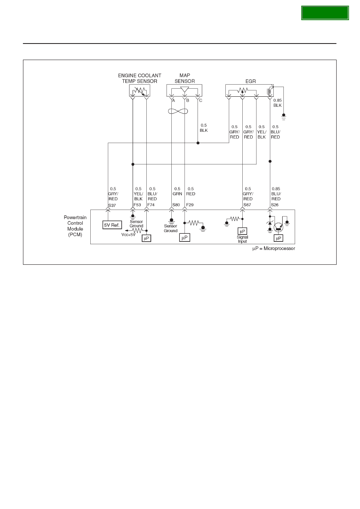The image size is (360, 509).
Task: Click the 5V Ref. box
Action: coord(112,225)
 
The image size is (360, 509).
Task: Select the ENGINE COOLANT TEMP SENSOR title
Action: coord(139,78)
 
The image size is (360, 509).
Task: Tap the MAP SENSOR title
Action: coord(185,78)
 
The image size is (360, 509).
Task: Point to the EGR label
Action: coord(250,81)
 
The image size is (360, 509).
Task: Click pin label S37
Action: coord(112,206)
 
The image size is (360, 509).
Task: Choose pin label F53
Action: coord(137,205)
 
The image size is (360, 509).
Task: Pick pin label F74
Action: coord(151,205)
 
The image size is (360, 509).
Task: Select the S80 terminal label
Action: coord(176,205)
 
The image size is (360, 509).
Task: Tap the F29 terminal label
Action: coord(190,205)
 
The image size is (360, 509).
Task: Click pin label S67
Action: coord(247,205)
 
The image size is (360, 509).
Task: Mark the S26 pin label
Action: coord(275,205)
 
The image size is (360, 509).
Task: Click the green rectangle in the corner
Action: coord(325,13)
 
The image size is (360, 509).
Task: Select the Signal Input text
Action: coord(242,239)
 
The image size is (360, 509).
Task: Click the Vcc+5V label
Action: coord(129,235)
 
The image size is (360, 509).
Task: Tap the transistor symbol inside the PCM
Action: coord(279,227)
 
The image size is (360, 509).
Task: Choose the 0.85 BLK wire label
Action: coord(277,103)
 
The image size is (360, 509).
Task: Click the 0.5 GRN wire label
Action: coord(177,191)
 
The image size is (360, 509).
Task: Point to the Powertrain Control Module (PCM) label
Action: coord(75,226)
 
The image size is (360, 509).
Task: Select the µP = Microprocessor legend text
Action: coord(274,249)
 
